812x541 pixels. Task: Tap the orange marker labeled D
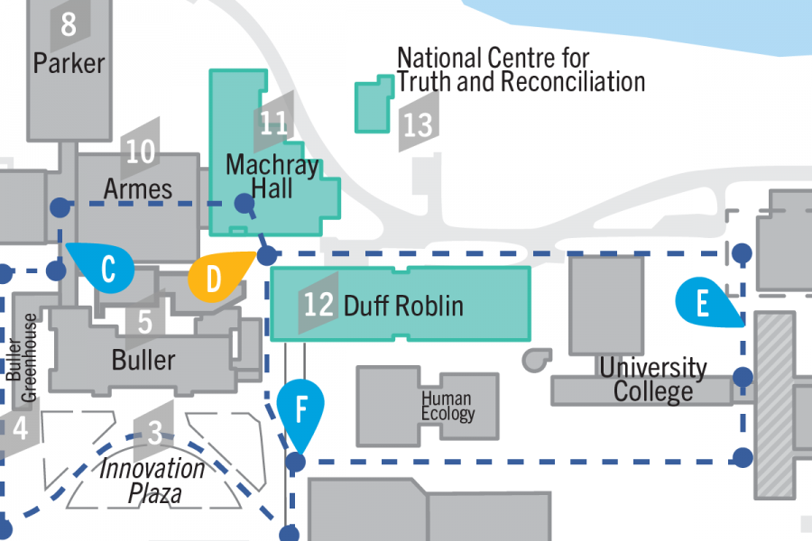click(x=214, y=279)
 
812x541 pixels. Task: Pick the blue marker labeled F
click(x=300, y=410)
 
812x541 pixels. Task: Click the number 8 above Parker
click(x=69, y=24)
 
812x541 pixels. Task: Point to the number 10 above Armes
click(x=141, y=151)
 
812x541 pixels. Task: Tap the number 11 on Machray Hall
click(x=273, y=122)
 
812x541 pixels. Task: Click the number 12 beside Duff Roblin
click(x=318, y=304)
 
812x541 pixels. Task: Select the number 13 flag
click(x=418, y=124)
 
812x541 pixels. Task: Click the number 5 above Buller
click(x=145, y=321)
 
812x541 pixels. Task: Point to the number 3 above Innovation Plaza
click(x=154, y=435)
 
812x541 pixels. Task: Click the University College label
click(x=653, y=380)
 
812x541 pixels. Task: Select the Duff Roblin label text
click(x=403, y=306)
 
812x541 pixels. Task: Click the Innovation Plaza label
click(x=152, y=481)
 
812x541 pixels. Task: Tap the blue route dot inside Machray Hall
click(x=244, y=204)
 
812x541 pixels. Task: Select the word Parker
click(x=69, y=63)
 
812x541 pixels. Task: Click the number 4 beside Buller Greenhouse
click(x=20, y=428)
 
